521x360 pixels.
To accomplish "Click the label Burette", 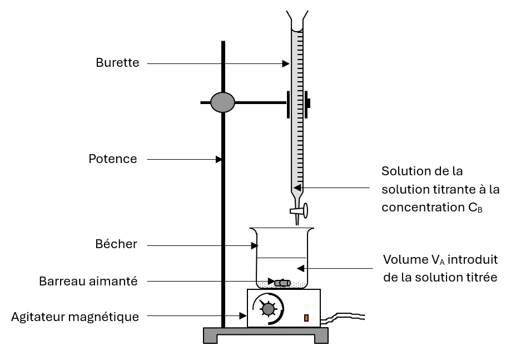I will [117, 62].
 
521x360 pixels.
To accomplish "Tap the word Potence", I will [113, 159].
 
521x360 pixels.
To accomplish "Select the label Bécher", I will [116, 244].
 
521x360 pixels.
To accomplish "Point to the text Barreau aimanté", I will [88, 281].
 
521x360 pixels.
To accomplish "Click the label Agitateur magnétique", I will [75, 317].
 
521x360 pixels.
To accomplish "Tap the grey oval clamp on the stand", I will [222, 102].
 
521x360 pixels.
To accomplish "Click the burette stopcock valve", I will [299, 211].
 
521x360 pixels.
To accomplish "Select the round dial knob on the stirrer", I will [268, 309].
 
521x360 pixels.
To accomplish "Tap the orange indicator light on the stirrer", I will [306, 318].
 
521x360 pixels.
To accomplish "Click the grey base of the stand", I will [265, 335].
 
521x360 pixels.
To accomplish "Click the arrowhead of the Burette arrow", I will [286, 64].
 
